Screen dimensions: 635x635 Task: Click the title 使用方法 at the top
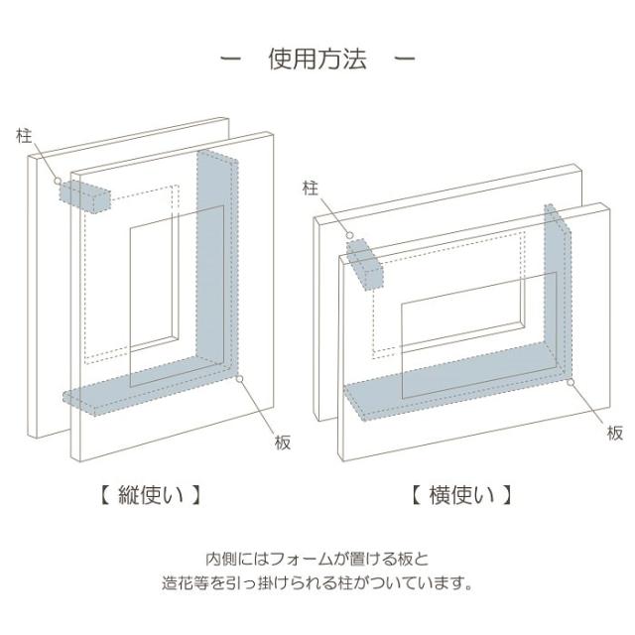click(317, 59)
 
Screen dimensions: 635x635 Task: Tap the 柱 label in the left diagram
click(24, 136)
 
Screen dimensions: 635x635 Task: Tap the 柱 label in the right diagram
click(311, 189)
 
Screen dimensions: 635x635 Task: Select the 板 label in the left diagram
click(283, 443)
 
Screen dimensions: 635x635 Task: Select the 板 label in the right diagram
click(615, 433)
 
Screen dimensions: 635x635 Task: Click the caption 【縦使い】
click(151, 495)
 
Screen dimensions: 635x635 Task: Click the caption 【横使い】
click(462, 495)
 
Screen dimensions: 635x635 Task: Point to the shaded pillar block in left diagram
click(85, 196)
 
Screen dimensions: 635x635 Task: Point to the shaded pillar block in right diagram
click(364, 265)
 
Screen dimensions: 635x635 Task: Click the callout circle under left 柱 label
click(58, 181)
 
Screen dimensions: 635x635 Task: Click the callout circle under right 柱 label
click(349, 235)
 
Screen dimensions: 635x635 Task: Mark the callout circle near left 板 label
click(240, 379)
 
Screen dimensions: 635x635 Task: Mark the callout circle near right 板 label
click(571, 382)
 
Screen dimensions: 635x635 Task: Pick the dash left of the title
click(230, 60)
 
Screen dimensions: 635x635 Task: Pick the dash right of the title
click(405, 60)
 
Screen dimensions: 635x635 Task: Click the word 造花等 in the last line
click(186, 583)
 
